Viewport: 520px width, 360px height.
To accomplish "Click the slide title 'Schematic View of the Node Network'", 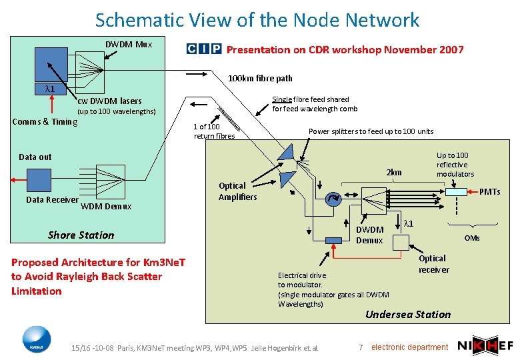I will tap(257, 20).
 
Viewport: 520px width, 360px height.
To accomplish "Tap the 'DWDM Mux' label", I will tap(129, 45).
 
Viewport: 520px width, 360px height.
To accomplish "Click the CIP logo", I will tap(204, 49).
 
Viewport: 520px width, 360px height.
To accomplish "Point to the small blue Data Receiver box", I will tap(39, 179).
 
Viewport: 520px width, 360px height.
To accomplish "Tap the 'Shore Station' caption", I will tap(81, 235).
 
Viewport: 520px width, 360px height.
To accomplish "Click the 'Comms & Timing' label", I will tap(45, 121).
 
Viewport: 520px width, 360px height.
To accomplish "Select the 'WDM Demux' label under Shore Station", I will tap(106, 206).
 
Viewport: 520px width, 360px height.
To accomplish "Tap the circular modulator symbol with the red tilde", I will tap(331, 198).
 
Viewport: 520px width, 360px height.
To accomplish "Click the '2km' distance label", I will tap(395, 173).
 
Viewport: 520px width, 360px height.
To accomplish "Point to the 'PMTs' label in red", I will tap(489, 191).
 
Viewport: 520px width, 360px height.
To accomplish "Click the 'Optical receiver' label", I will tap(433, 264).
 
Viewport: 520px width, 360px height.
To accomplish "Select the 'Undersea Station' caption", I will tap(408, 314).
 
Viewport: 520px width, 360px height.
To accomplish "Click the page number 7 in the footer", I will tap(360, 347).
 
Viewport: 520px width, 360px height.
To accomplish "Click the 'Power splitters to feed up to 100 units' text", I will tap(371, 131).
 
